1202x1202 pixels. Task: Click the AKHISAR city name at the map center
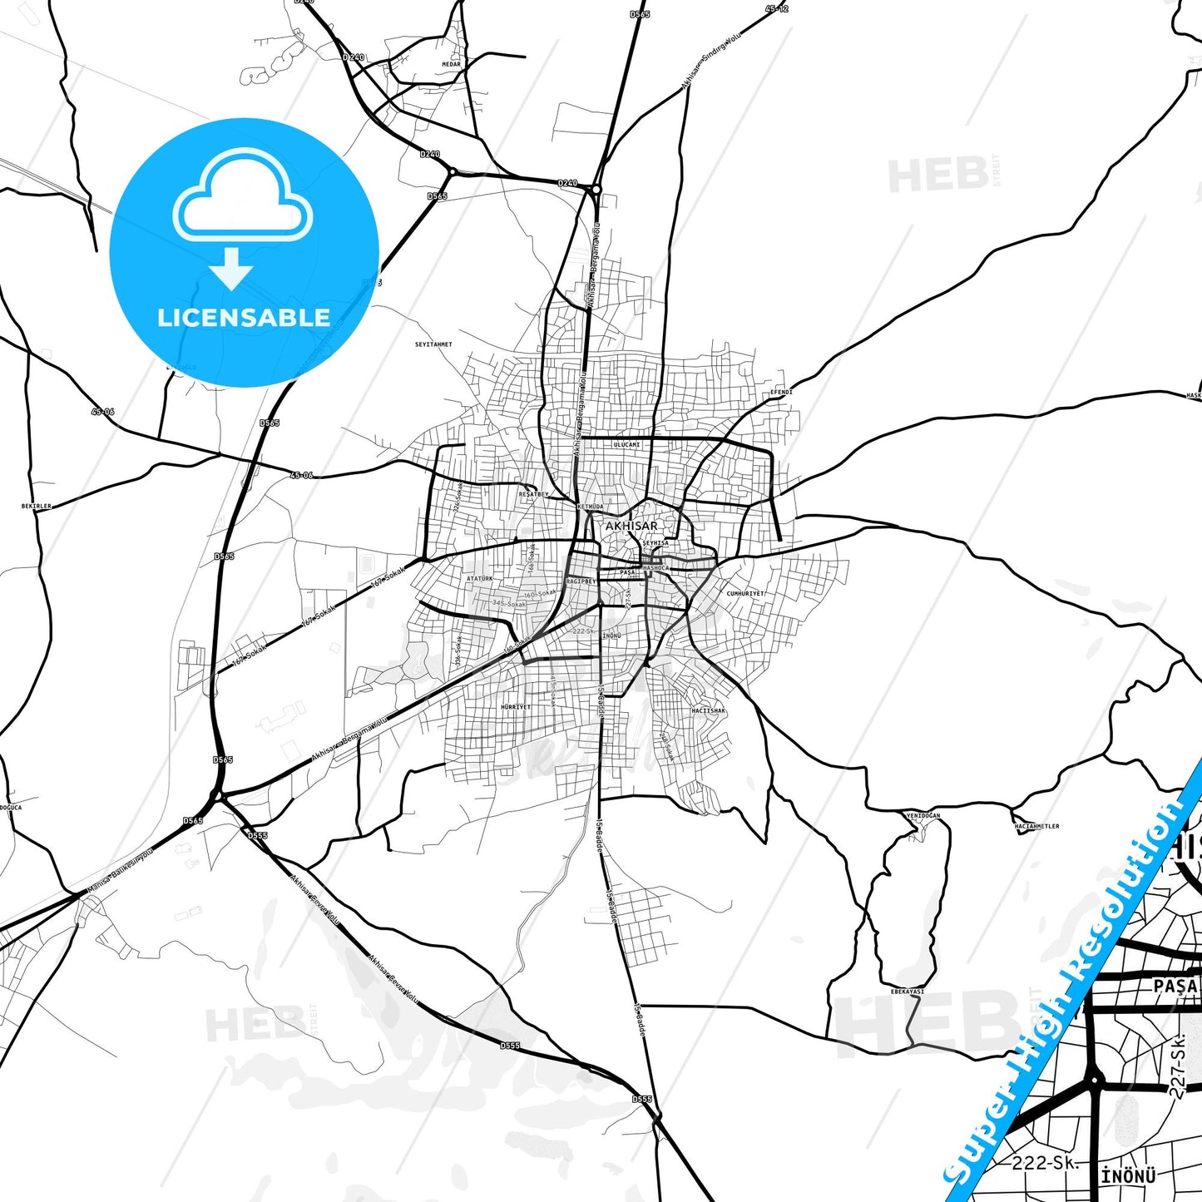(x=631, y=526)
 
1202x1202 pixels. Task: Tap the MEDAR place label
(x=451, y=64)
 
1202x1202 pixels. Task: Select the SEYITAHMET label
(x=433, y=344)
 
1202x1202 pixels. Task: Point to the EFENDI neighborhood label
(x=781, y=392)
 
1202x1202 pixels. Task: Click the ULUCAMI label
(x=626, y=445)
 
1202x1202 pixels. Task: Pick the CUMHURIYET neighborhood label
(x=745, y=594)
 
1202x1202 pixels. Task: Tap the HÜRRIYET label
(x=516, y=707)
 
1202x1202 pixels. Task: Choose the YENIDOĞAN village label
(x=923, y=816)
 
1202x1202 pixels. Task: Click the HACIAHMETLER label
(x=1036, y=827)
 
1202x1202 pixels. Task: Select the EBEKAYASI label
(x=908, y=992)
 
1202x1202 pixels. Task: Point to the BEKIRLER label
(x=37, y=506)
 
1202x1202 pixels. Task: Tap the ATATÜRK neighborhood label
(x=480, y=578)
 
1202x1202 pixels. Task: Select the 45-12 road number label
(x=776, y=9)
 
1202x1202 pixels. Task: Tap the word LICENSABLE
(x=244, y=318)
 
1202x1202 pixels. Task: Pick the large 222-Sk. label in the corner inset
(x=1045, y=1163)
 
